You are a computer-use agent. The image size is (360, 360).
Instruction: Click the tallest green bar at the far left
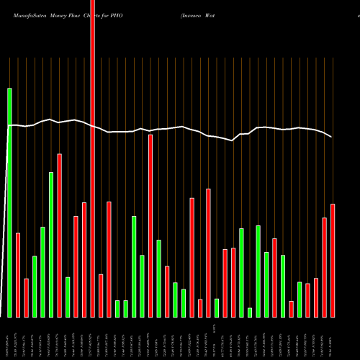click(x=9, y=202)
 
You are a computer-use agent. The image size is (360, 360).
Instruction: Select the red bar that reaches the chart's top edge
click(x=92, y=158)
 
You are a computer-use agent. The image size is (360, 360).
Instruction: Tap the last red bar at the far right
click(x=333, y=260)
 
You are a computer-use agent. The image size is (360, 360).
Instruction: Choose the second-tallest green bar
click(x=51, y=245)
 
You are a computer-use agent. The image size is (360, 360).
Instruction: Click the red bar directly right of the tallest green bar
click(x=18, y=274)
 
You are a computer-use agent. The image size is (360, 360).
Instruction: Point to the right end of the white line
click(x=332, y=137)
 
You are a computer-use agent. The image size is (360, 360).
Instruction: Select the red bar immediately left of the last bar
click(x=324, y=267)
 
